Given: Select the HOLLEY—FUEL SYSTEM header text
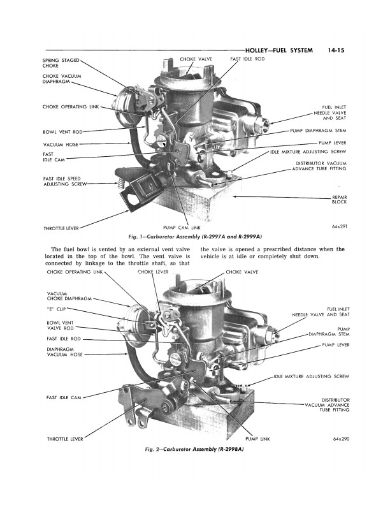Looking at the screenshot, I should point(278,48).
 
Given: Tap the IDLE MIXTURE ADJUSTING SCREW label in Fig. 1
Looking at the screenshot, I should point(308,152).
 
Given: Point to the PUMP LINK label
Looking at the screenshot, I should point(257,439).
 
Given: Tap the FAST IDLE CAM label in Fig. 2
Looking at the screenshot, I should point(63,397).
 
